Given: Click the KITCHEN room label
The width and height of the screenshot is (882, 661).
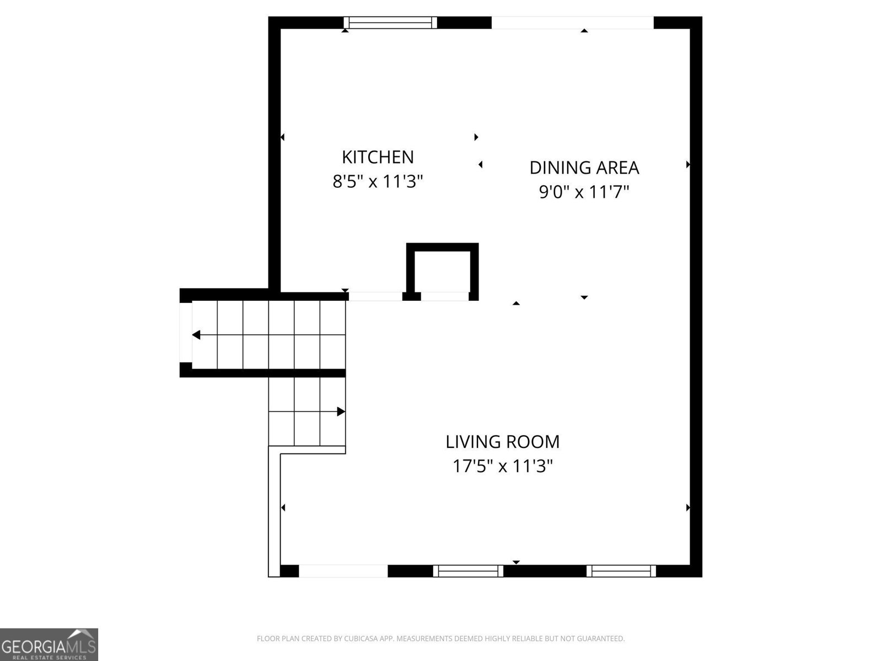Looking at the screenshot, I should point(378,157).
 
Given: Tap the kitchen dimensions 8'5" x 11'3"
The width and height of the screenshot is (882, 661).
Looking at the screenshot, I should point(378,181).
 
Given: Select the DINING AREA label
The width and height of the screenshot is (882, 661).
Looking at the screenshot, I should point(584,167).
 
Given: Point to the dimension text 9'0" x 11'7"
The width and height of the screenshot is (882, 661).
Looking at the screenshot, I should point(584,192).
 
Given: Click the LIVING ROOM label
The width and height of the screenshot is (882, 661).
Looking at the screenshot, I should point(502,441).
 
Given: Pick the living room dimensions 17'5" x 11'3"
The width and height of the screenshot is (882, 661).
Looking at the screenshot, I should point(502,467).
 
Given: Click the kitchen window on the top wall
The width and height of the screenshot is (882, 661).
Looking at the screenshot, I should point(390,22).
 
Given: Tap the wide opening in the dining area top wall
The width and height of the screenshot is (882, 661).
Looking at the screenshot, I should point(572,22).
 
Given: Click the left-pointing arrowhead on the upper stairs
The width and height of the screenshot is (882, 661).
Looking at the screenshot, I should point(196,335).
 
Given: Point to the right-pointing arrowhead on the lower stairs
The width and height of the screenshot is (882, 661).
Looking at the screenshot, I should point(341,411).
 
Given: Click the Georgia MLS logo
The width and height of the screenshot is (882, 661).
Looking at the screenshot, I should point(49,644).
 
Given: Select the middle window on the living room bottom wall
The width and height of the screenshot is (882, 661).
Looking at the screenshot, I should point(468,571).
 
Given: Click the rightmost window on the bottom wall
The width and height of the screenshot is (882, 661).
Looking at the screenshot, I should point(621,571).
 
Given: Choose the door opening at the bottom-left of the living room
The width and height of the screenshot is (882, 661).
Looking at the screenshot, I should point(343,571).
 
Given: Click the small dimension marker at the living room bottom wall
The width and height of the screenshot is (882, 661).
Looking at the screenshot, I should point(516,562).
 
